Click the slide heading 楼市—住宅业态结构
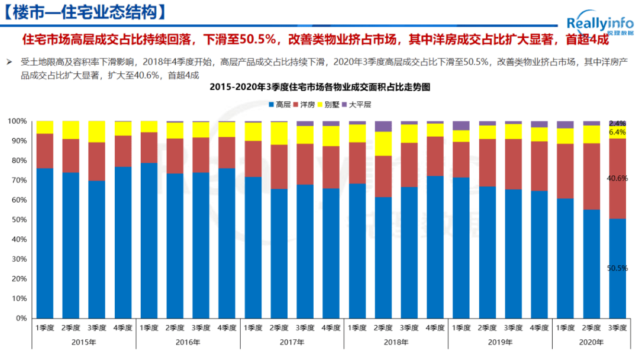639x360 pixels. coord(83,12)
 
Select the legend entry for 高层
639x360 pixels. coord(279,104)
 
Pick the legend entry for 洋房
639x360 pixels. coord(304,104)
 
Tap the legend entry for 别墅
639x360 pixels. coord(328,104)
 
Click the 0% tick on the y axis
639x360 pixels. coord(20,319)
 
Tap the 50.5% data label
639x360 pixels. coord(617,268)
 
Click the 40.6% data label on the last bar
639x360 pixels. coord(617,178)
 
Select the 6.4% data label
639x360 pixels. coord(617,132)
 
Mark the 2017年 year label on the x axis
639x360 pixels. coord(292,342)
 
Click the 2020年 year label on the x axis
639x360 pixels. coord(591,342)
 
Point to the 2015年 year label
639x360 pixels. coord(83,342)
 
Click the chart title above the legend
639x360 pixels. coord(319,87)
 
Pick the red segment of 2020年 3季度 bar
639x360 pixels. coord(617,195)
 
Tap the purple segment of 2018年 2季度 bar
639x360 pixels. coord(383,126)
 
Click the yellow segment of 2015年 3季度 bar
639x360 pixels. coord(97,131)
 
